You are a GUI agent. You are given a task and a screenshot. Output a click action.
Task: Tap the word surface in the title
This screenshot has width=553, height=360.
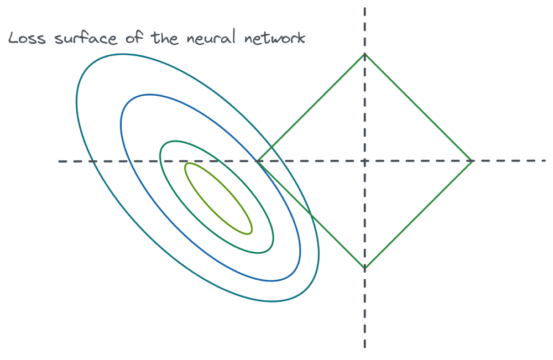pos(78,39)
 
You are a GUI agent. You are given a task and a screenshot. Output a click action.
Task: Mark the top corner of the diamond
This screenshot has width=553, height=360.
pos(364,54)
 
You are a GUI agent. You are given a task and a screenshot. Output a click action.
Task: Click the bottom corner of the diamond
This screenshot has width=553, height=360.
pos(364,269)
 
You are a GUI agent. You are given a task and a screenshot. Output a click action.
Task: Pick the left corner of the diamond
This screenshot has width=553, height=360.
pos(257,161)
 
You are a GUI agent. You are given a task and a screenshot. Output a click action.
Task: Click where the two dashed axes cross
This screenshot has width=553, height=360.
pos(364,161)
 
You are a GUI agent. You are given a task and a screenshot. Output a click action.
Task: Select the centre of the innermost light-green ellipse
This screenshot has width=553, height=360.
pos(218,198)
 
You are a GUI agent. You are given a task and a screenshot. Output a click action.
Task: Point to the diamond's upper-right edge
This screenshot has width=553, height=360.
pos(419,107)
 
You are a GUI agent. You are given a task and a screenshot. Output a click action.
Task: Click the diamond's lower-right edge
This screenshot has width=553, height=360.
pos(419,215)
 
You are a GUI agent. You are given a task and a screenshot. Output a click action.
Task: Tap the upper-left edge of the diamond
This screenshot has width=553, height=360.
pos(311,107)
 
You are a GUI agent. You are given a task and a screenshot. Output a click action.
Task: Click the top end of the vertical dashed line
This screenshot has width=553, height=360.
pos(364,8)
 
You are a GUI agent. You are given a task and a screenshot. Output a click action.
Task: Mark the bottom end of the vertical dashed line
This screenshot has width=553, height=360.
pos(364,347)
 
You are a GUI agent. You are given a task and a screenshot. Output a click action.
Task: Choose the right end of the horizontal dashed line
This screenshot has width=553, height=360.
pos(546,161)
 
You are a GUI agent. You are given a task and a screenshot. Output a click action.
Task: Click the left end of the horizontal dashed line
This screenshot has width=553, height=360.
pos(60,161)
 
